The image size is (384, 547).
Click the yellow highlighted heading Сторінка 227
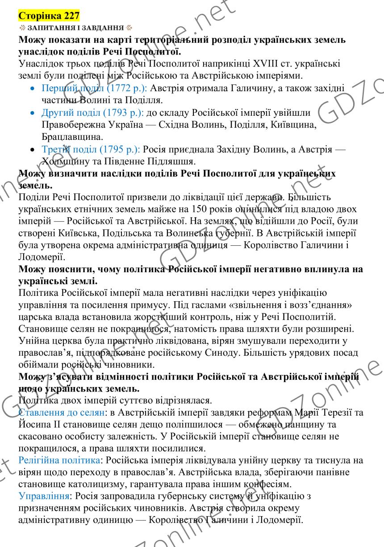click(x=49, y=17)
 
